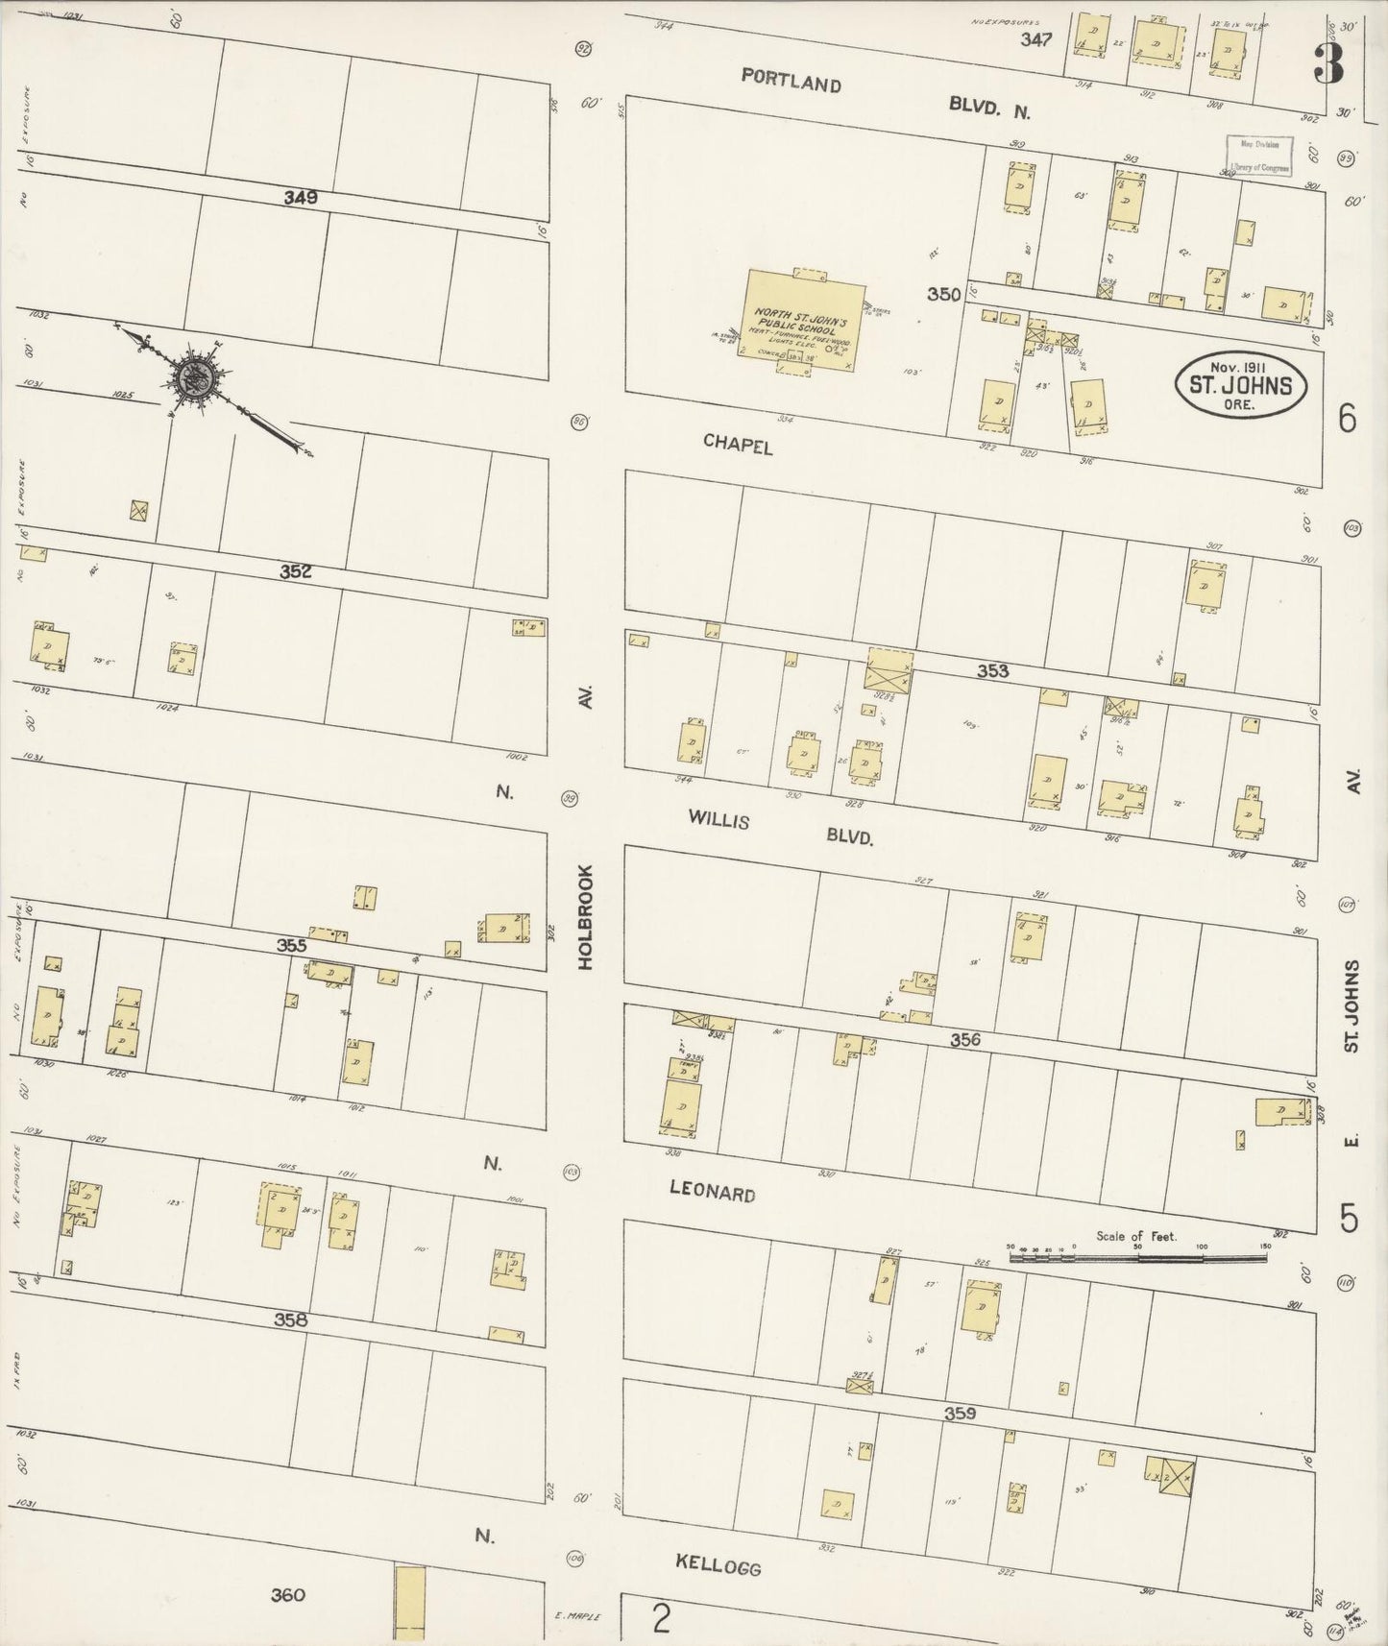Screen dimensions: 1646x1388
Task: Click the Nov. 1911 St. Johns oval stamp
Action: coord(1241,384)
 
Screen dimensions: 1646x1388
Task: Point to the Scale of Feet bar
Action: coord(1137,1254)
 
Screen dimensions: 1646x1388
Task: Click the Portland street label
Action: coord(791,83)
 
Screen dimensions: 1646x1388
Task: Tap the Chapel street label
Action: coord(738,444)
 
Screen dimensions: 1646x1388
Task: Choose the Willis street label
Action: coord(718,819)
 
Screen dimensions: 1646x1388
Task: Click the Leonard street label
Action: coord(712,1193)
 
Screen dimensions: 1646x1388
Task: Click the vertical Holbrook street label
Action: coord(586,916)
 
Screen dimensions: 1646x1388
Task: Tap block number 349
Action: coord(300,198)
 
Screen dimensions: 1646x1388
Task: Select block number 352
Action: coord(296,571)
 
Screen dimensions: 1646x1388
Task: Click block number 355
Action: coord(291,945)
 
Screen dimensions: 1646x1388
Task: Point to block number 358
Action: coord(290,1320)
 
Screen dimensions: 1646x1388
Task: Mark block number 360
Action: coord(287,1595)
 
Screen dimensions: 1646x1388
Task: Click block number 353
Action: coord(992,670)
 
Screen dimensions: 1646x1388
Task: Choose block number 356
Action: coord(965,1039)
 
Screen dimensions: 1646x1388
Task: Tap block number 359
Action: coord(960,1413)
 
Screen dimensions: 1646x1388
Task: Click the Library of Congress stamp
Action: coord(1258,154)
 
